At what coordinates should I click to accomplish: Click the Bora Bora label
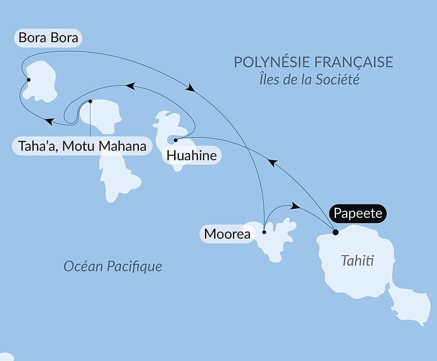tap(48, 38)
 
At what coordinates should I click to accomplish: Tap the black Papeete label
tap(358, 214)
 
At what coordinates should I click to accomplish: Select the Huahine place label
tap(191, 155)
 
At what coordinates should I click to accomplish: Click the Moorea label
tap(227, 234)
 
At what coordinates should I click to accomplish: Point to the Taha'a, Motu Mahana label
tap(82, 146)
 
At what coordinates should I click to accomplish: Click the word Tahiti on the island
tap(357, 261)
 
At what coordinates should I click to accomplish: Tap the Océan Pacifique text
tap(113, 266)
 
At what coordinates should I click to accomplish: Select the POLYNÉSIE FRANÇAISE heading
tap(313, 62)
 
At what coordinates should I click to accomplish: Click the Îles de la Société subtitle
tap(309, 80)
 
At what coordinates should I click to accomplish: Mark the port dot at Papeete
tap(335, 232)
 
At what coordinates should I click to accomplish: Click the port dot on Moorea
tap(264, 232)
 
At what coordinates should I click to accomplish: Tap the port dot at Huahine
tap(175, 140)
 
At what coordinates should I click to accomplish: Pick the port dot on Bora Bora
tap(28, 80)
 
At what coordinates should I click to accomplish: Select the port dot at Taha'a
tap(90, 101)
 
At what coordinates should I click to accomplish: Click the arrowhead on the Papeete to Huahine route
tap(272, 163)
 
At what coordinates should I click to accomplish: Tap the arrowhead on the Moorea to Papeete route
tap(295, 206)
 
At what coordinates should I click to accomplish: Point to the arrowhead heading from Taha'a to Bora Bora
tap(49, 121)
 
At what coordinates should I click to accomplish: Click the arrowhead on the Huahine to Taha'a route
tap(129, 86)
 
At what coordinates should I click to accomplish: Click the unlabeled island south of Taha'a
tap(117, 177)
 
